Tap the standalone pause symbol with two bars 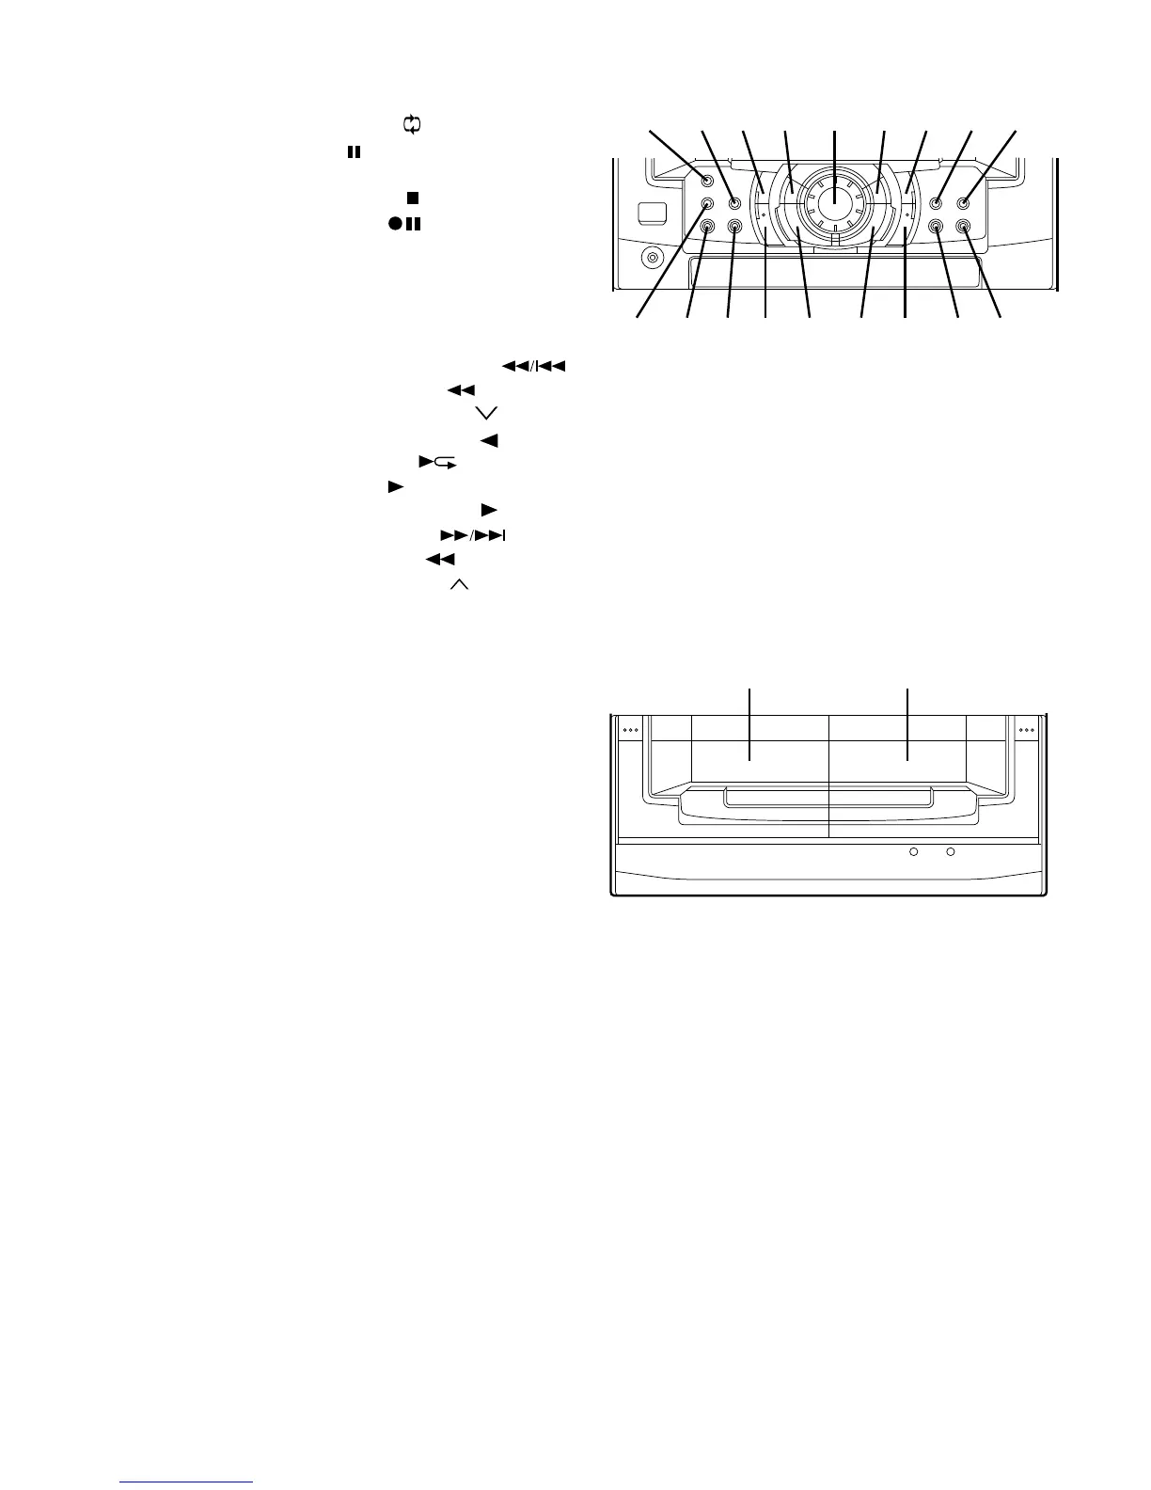click(x=354, y=151)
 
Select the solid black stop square click(x=412, y=198)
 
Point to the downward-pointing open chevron click(x=486, y=413)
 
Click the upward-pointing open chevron click(x=460, y=585)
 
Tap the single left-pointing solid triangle click(x=488, y=439)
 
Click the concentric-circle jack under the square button click(x=650, y=256)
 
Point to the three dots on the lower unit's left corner click(x=631, y=729)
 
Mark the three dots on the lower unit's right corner click(x=1026, y=729)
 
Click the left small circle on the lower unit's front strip click(x=912, y=852)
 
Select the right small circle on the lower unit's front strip click(x=950, y=852)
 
